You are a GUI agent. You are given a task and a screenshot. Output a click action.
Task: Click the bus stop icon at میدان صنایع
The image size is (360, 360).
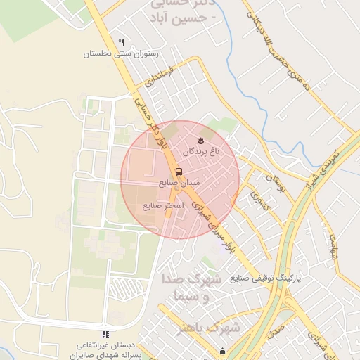(x=178, y=171)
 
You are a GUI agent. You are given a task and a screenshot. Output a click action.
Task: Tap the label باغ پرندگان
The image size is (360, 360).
(x=202, y=152)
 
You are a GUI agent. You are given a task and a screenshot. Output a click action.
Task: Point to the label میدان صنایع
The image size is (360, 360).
(x=179, y=182)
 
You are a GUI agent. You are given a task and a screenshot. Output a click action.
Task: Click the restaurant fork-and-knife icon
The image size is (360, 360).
(x=121, y=43)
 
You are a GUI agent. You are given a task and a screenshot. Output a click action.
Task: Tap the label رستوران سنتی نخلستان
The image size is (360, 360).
(x=122, y=54)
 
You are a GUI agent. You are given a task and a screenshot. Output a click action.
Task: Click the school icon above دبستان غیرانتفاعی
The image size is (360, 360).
(x=105, y=334)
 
